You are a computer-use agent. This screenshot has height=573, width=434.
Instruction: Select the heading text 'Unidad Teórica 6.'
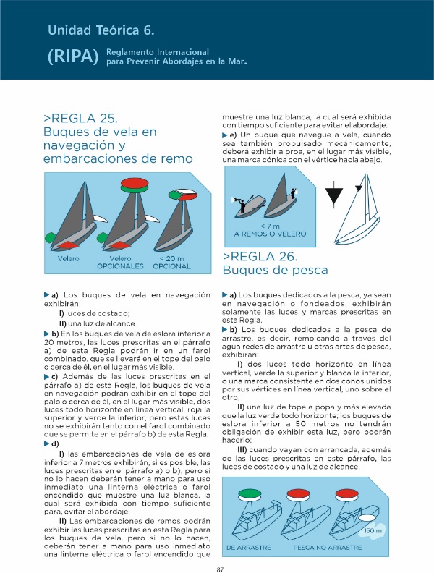coord(101,30)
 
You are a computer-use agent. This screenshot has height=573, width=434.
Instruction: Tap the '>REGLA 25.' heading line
coord(80,119)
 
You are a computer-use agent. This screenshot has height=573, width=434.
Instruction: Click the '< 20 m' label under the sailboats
coord(171,258)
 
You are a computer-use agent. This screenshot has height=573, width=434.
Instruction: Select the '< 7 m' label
coord(269,225)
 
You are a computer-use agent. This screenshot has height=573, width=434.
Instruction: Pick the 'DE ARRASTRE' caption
coord(249,548)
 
